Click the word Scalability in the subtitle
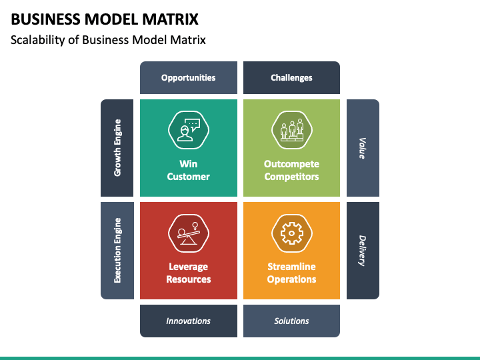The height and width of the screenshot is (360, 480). click(38, 40)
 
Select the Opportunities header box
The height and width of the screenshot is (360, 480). click(189, 78)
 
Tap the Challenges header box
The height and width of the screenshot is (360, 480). click(291, 78)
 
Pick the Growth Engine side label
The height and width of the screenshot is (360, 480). click(117, 148)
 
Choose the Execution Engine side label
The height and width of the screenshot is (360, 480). click(117, 251)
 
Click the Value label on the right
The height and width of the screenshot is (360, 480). click(363, 148)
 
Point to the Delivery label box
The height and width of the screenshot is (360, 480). click(363, 251)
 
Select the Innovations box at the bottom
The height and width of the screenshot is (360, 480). click(189, 321)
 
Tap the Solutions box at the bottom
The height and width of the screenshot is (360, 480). click(291, 321)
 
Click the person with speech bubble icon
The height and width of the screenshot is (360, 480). click(189, 130)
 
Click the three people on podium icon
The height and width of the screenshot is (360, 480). click(292, 130)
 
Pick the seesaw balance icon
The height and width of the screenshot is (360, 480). click(189, 233)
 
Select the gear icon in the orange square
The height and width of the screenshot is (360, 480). click(292, 233)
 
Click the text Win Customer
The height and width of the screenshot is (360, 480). click(189, 170)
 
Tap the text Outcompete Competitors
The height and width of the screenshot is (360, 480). click(291, 170)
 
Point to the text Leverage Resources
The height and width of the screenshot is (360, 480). click(189, 273)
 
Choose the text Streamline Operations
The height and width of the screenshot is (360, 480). click(291, 273)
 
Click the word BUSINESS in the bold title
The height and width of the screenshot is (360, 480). click(45, 19)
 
